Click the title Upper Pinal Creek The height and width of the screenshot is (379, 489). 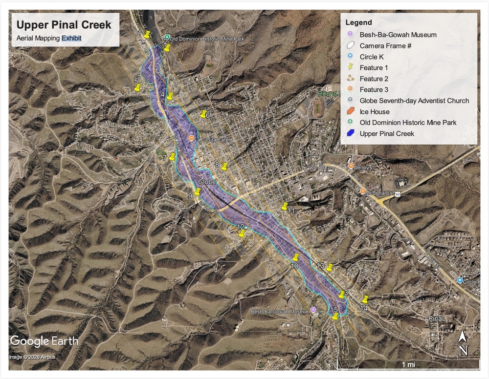64,24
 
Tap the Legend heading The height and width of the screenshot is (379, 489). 358,22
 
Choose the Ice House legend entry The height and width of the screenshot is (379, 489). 375,112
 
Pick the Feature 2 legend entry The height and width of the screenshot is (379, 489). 374,79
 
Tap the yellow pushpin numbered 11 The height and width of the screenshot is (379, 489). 285,206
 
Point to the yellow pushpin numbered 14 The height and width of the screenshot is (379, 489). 365,299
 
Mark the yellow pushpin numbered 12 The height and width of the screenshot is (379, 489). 241,233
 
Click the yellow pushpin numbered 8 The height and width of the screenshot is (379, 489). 224,166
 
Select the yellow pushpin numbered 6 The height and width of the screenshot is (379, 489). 203,114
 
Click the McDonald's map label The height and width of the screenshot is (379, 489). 380,193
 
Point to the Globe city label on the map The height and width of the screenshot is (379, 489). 206,182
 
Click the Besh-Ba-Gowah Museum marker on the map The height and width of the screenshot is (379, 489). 313,310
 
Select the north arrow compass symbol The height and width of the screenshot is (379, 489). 463,343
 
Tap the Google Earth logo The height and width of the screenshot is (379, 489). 44,341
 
